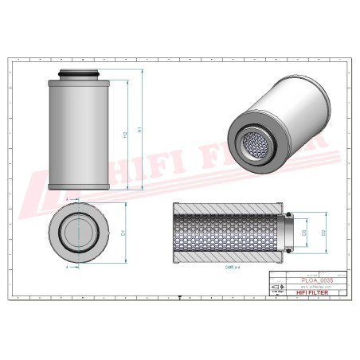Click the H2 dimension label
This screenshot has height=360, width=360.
tap(126, 135)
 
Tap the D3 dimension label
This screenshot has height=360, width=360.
tap(304, 233)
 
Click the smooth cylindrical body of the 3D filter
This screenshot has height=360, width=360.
tap(295, 112)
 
